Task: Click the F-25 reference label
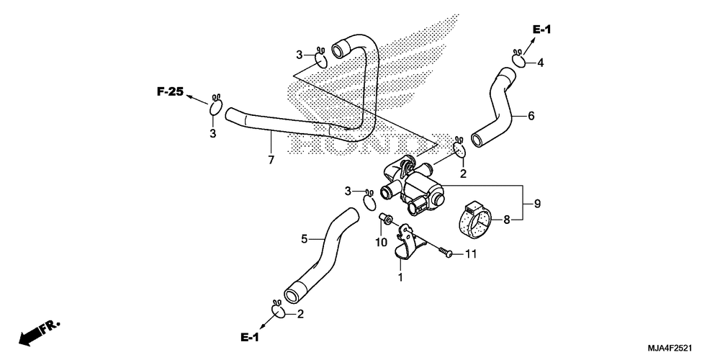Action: coord(170,92)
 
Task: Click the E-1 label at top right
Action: coord(542,30)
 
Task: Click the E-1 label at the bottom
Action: coord(250,338)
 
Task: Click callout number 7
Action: coord(271,161)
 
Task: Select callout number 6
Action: coord(531,116)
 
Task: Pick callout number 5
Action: coord(304,239)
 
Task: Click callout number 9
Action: coord(537,203)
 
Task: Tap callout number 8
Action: coord(506,220)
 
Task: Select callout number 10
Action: coord(382,242)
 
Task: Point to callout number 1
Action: coord(400,277)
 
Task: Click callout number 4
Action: coord(541,63)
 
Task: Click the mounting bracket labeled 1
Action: coord(407,242)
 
